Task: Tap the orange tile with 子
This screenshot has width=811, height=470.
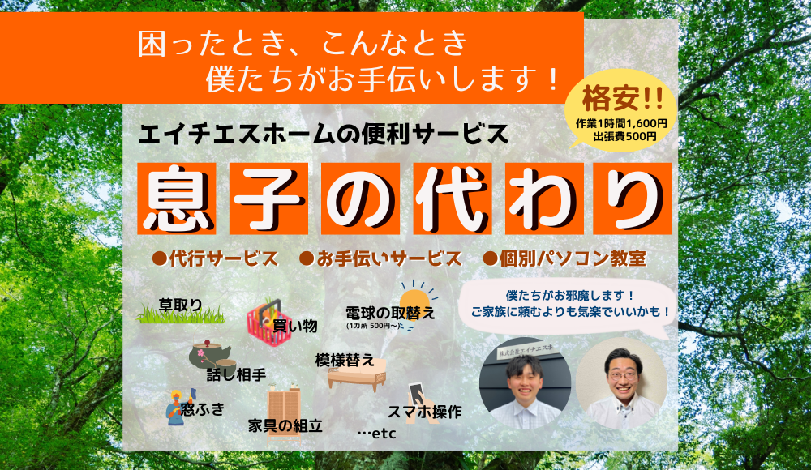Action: (x=269, y=199)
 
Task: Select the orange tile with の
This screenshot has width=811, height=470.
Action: (x=361, y=199)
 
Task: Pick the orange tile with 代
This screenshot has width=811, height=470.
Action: (x=452, y=199)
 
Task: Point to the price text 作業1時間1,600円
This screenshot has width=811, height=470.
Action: (x=621, y=123)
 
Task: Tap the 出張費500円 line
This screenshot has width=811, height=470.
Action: (x=624, y=136)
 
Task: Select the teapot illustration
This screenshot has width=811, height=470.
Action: (x=210, y=355)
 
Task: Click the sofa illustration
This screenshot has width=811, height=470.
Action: (x=358, y=374)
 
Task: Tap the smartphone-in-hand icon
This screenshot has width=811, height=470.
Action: (x=421, y=403)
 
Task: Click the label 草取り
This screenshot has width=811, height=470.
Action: (x=180, y=305)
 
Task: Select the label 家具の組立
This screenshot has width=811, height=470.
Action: (x=285, y=426)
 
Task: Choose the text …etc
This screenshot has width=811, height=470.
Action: (x=376, y=434)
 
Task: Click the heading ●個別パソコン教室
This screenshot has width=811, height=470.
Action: (x=564, y=258)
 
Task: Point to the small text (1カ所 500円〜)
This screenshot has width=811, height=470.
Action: (x=373, y=326)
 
